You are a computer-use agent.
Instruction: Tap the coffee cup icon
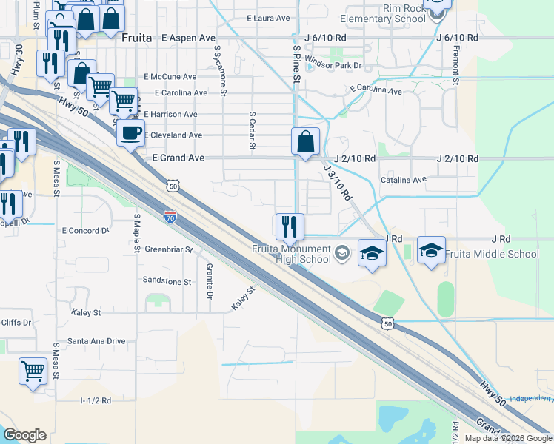coord(131,133)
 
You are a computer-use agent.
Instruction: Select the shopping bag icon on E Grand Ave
coord(305,140)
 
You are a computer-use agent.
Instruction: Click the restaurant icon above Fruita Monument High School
coord(290,226)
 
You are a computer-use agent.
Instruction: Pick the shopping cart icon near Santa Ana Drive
coord(33,371)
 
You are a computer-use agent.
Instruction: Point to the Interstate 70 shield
coord(170,217)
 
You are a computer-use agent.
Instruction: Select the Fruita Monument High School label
coord(291,254)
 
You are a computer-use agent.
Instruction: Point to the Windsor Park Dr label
coord(333,65)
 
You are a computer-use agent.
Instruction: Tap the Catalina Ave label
coord(404,180)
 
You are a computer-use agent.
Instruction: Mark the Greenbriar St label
coord(168,249)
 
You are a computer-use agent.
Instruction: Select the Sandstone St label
coord(167,282)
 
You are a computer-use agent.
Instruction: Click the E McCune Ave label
coord(170,76)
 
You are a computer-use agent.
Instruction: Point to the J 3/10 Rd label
coord(337,186)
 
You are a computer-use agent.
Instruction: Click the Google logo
coord(24,435)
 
